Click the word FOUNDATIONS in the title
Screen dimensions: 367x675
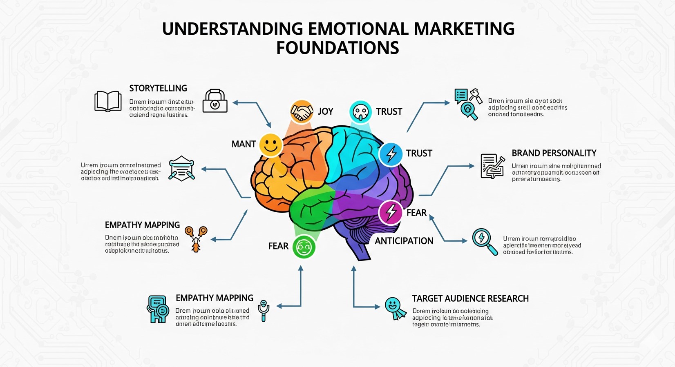337,48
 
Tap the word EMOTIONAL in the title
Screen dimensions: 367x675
358,29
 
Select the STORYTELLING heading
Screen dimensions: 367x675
158,88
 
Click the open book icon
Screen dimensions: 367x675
108,101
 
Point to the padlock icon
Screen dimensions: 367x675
215,101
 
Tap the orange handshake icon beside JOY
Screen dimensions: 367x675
302,112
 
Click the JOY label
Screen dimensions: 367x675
326,112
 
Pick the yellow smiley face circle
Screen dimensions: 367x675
270,145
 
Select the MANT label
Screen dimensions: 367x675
244,144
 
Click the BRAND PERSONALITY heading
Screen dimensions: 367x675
554,153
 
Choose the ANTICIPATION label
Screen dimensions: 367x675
404,241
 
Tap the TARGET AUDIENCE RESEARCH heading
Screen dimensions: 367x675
470,298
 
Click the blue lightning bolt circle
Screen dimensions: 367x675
391,154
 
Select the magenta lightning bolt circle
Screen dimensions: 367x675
391,212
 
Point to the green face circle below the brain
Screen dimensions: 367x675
304,247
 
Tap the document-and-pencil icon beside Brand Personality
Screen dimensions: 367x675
492,166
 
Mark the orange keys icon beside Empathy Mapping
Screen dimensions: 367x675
196,238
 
